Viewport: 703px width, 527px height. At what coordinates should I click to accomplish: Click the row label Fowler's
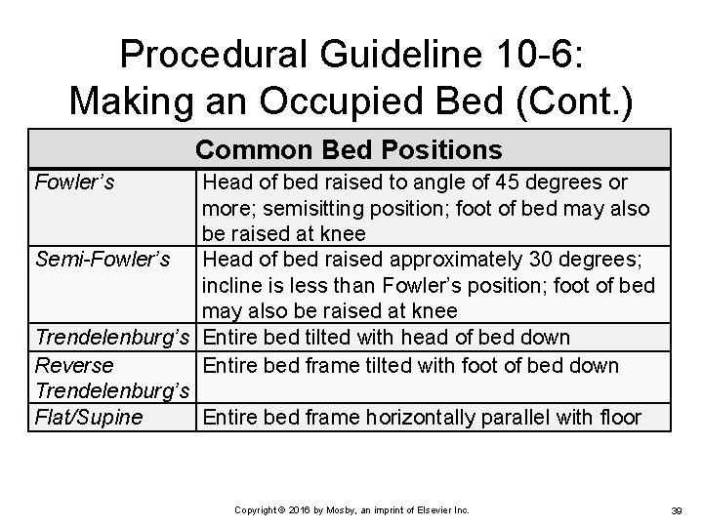73,182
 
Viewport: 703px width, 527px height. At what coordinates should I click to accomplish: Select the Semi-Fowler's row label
103,260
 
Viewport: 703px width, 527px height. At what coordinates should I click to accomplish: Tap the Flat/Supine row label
89,418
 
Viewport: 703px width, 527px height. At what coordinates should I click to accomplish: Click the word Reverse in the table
74,365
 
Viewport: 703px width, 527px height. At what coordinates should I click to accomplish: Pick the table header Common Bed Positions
349,149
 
